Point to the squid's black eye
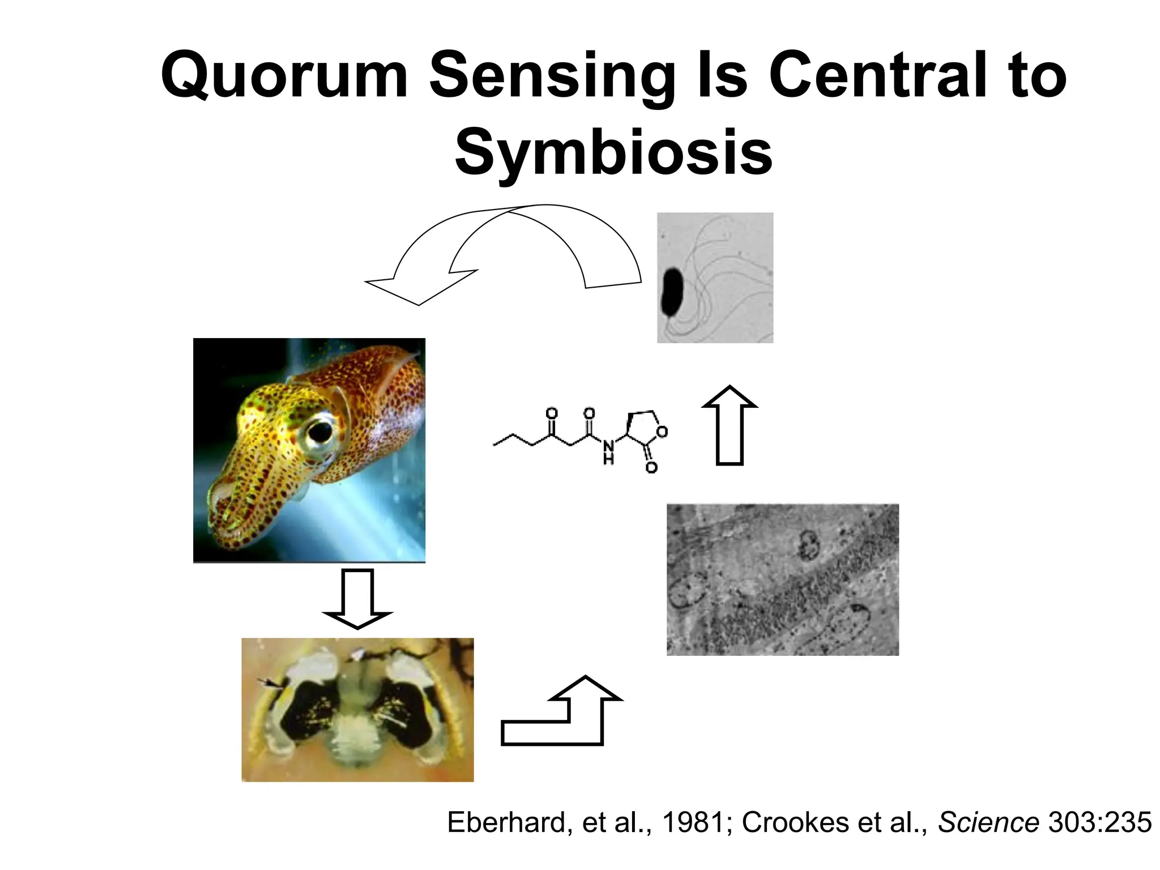321,432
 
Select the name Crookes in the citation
795,822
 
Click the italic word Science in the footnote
988,822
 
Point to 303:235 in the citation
1099,822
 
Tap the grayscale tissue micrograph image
782,579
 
